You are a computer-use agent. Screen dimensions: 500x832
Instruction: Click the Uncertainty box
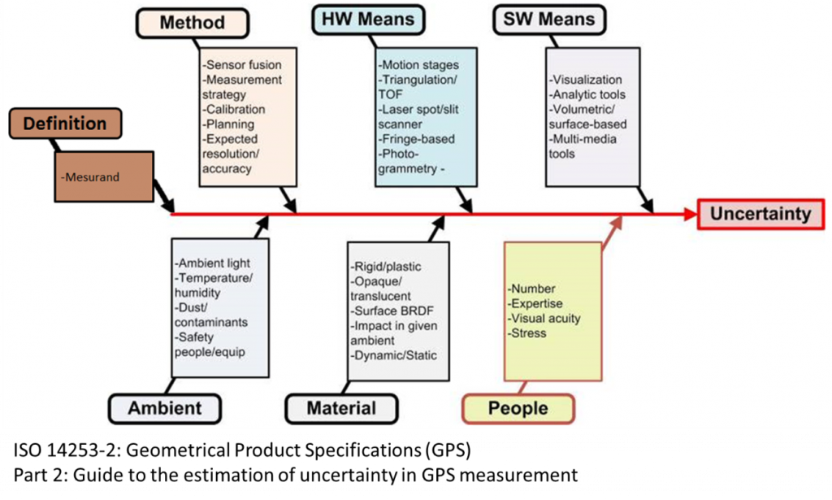760,215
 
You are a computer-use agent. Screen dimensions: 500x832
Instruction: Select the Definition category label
65,124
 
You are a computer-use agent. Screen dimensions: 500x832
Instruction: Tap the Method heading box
192,22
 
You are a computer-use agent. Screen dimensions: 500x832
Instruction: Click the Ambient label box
166,407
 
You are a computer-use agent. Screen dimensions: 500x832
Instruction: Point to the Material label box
341,408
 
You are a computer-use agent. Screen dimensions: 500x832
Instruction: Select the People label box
518,408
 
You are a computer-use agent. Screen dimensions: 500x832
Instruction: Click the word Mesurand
91,176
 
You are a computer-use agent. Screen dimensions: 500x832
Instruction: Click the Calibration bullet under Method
234,109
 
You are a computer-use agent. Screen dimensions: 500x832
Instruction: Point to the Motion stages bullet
418,64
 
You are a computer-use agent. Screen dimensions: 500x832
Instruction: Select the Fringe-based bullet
416,139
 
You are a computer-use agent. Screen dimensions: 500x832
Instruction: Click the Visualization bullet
585,80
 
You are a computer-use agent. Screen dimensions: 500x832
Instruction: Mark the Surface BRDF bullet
392,311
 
